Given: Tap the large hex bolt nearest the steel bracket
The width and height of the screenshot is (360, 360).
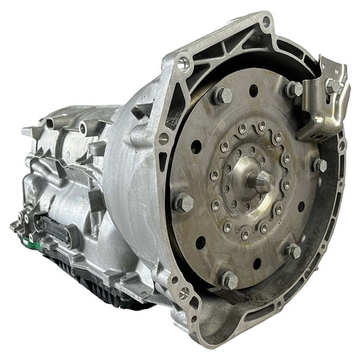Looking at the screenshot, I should click(294, 88).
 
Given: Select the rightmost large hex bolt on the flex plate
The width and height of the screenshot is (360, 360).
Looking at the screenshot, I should click(319, 164).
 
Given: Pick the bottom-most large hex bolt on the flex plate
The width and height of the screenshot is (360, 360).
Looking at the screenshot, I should click(229, 278).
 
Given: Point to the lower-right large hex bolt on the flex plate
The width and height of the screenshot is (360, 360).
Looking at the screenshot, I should click(293, 251).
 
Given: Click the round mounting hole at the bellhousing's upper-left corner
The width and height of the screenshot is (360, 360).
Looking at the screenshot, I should click(182, 64).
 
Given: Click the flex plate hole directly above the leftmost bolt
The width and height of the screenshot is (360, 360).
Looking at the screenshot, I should click(196, 147).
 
